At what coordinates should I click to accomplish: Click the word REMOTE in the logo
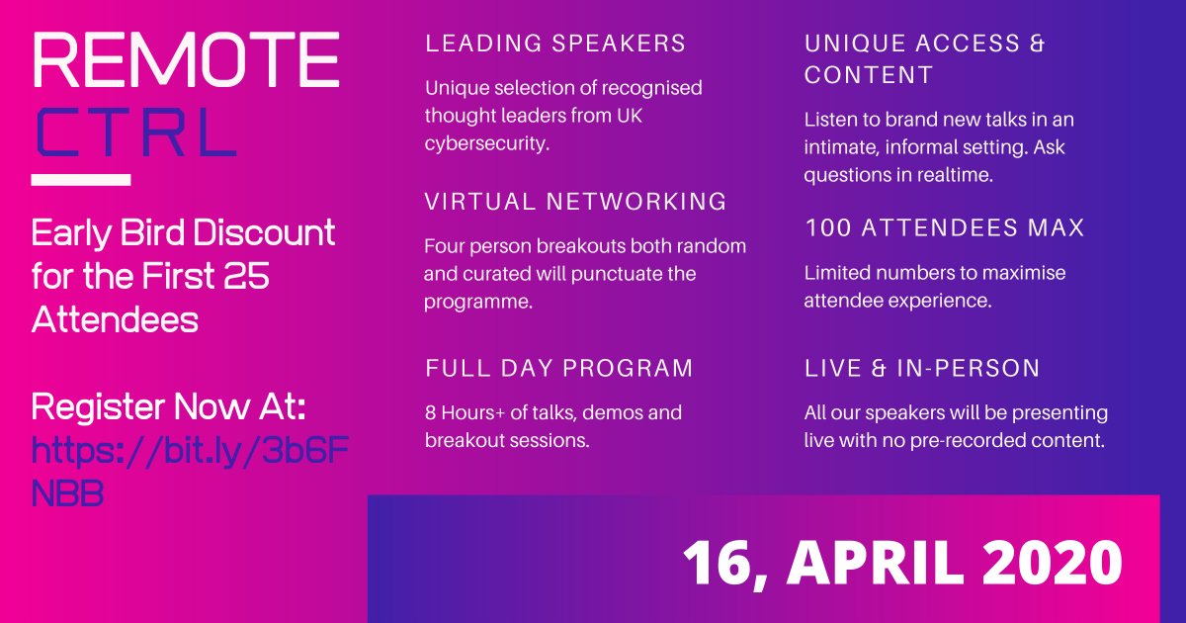pos(186,59)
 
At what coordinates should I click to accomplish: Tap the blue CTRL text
pos(136,133)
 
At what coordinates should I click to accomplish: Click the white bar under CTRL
pos(81,180)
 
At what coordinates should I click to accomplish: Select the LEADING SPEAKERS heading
pos(554,44)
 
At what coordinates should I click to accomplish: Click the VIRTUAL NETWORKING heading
pos(575,202)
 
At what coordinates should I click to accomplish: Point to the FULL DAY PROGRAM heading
pos(558,368)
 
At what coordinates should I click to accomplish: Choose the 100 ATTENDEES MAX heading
pos(945,227)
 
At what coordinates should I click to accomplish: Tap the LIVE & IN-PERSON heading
pos(922,368)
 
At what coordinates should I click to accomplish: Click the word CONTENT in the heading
pos(869,75)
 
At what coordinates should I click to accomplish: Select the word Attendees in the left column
pos(115,320)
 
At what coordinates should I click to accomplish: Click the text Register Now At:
pos(168,406)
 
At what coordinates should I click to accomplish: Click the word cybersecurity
pos(487,143)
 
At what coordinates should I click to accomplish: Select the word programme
pos(478,303)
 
